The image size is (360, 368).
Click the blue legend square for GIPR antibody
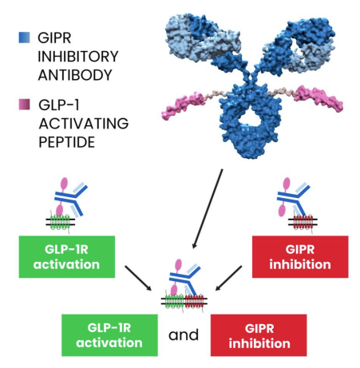click(x=24, y=38)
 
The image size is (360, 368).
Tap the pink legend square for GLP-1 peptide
click(x=24, y=105)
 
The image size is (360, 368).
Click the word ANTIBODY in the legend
click(x=75, y=75)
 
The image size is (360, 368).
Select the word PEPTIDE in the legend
click(x=67, y=142)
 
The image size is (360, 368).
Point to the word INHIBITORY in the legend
click(x=78, y=57)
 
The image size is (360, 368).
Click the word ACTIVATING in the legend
click(x=84, y=124)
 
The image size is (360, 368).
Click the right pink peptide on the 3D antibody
click(x=318, y=98)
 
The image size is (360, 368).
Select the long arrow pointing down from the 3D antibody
click(x=208, y=209)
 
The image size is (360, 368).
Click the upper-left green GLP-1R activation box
click(x=67, y=257)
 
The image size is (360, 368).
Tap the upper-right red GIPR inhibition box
click(x=300, y=257)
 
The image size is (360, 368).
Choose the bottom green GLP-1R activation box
click(x=109, y=335)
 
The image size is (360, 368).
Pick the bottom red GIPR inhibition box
click(x=259, y=335)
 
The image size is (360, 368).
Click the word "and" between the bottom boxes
click(x=184, y=335)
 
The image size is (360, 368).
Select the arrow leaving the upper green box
click(x=138, y=278)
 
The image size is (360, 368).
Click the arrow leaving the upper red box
click(x=229, y=278)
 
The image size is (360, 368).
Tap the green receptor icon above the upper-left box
click(x=60, y=222)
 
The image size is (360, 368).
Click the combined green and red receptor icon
click(x=184, y=302)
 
